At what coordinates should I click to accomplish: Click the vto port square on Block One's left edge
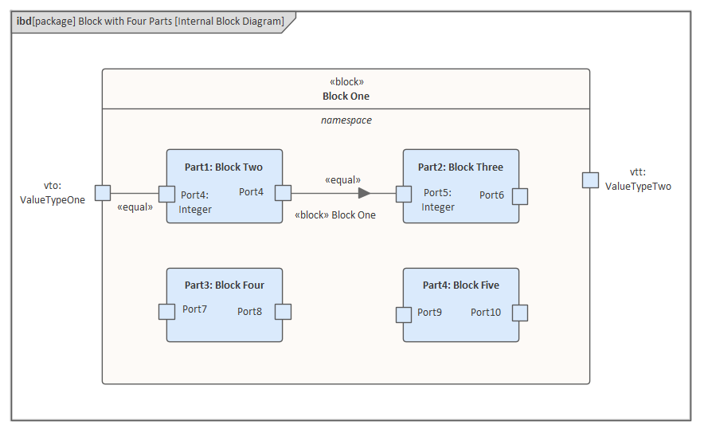coord(103,192)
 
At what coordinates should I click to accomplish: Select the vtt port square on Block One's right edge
coord(590,180)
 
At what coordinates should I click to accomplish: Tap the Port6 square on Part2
coord(520,196)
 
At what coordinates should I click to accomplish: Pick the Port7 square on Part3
coord(166,312)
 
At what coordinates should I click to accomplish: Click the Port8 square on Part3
coord(283,312)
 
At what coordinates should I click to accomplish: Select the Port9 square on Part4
coord(404,314)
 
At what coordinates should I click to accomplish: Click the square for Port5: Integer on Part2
coord(404,194)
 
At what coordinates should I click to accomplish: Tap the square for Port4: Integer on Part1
coord(166,194)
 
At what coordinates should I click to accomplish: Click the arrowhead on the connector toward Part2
coord(364,193)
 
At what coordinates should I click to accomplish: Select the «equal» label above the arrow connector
coord(342,180)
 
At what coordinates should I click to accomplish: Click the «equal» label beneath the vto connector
coord(134,207)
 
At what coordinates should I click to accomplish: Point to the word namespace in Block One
coord(346,120)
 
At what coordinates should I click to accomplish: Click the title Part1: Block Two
coord(224,167)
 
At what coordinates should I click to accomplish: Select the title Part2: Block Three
coord(460,167)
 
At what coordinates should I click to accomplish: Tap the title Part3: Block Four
coord(224,285)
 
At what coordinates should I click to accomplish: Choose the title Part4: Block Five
coord(461,285)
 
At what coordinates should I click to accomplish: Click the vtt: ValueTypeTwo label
coord(638,179)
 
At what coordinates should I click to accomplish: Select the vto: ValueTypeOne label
coord(53,193)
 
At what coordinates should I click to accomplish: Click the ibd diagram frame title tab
coord(151,22)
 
